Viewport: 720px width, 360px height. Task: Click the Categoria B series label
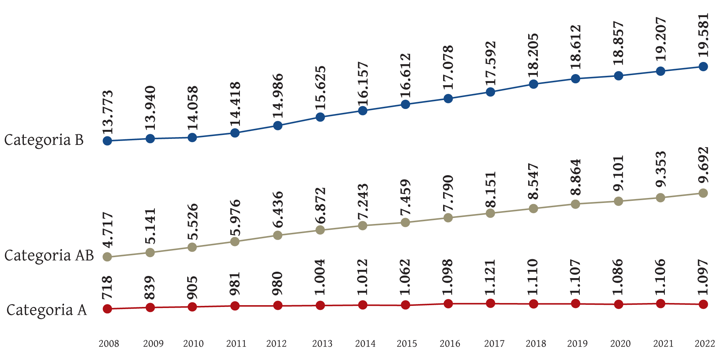44,140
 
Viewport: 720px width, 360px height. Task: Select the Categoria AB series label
49,256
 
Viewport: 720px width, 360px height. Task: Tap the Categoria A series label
47,310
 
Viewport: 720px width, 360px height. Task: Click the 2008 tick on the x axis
109,344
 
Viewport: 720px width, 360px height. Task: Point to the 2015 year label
407,344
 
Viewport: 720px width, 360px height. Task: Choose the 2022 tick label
705,344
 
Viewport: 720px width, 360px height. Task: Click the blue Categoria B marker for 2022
703,67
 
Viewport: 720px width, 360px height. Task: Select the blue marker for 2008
107,141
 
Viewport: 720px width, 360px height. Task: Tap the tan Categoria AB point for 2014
363,225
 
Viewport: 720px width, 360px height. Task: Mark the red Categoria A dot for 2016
448,304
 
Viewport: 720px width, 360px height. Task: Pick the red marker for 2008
107,309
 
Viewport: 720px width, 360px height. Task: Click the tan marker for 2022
703,193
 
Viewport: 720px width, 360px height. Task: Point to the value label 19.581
703,35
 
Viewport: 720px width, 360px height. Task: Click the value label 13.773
107,112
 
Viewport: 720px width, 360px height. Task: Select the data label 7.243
363,202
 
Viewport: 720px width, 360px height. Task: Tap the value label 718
107,287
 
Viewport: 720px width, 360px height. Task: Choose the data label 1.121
490,277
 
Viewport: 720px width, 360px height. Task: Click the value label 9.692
703,165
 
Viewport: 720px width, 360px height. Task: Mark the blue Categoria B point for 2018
534,84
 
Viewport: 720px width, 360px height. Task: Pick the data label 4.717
107,230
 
